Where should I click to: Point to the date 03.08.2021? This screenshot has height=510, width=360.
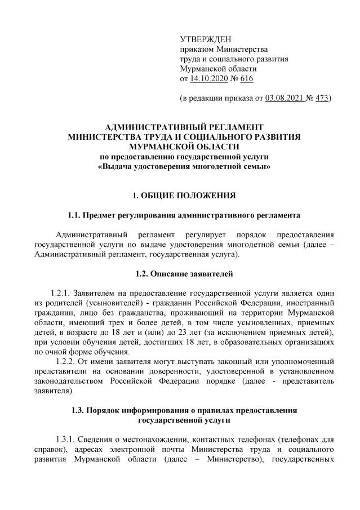click(x=283, y=98)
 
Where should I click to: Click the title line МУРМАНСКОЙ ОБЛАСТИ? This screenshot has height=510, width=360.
click(x=184, y=146)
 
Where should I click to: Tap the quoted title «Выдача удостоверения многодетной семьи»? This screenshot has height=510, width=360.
click(x=184, y=167)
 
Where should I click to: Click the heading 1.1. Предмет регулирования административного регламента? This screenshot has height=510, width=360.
click(x=184, y=215)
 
